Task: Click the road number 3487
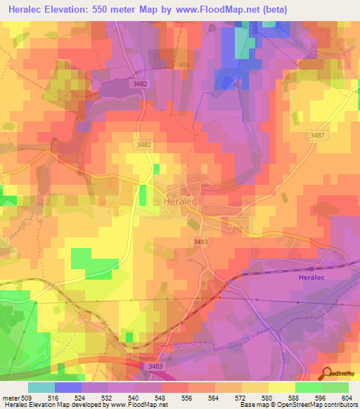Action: (317, 136)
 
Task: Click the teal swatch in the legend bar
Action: (41, 387)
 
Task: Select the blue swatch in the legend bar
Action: (67, 387)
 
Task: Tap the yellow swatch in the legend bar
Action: (281, 387)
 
